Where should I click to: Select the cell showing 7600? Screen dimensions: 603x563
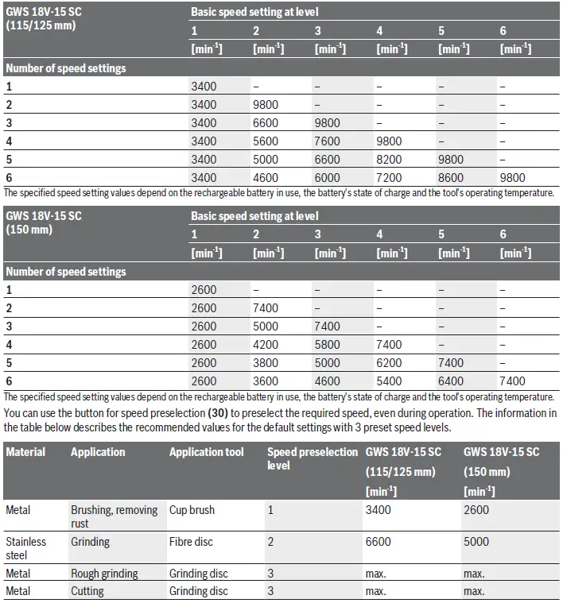(x=328, y=141)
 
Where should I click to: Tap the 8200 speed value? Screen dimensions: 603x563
(x=390, y=160)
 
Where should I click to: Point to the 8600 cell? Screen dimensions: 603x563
(x=452, y=178)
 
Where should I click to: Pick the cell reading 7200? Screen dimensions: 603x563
(x=390, y=178)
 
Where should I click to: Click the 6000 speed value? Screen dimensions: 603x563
(x=328, y=178)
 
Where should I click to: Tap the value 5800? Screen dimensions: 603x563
(x=328, y=345)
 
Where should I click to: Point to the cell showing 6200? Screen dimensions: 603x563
(x=390, y=363)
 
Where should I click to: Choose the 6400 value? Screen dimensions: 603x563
(x=452, y=381)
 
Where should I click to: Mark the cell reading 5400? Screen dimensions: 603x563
(x=390, y=381)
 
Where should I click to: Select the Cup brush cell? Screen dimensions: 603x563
(x=192, y=510)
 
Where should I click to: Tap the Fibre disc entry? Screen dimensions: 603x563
(x=192, y=542)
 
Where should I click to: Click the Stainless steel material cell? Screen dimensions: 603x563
(x=26, y=548)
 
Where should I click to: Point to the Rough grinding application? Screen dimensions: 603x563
(x=104, y=574)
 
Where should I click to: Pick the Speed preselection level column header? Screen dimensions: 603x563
(x=312, y=458)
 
